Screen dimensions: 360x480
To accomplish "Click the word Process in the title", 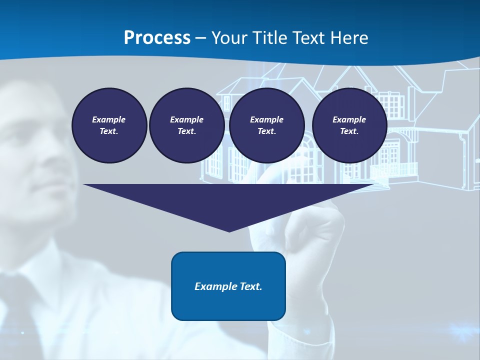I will (x=157, y=38).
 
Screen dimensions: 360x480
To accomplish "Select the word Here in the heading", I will (x=350, y=38).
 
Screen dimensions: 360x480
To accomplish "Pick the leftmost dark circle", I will (x=109, y=125).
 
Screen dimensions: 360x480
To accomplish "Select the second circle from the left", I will (x=186, y=125).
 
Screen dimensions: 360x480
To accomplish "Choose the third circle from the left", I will (x=266, y=125).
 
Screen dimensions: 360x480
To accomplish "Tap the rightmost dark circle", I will (x=349, y=125).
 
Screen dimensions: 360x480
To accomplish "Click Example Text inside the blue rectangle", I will (x=228, y=286).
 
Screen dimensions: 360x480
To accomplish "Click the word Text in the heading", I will (x=310, y=38).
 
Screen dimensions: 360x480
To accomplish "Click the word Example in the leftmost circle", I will (x=109, y=119).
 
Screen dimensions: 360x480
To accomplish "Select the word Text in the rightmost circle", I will (x=349, y=131).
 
